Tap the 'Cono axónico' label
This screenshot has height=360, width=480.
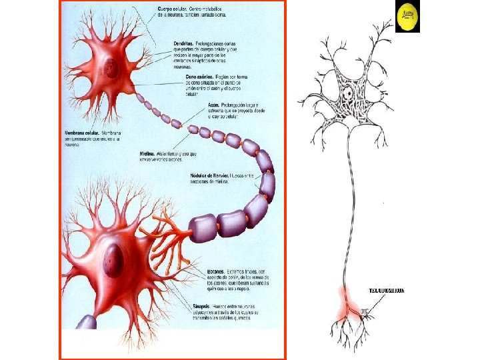tap(198, 77)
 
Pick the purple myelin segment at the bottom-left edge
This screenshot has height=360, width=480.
tap(87, 323)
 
